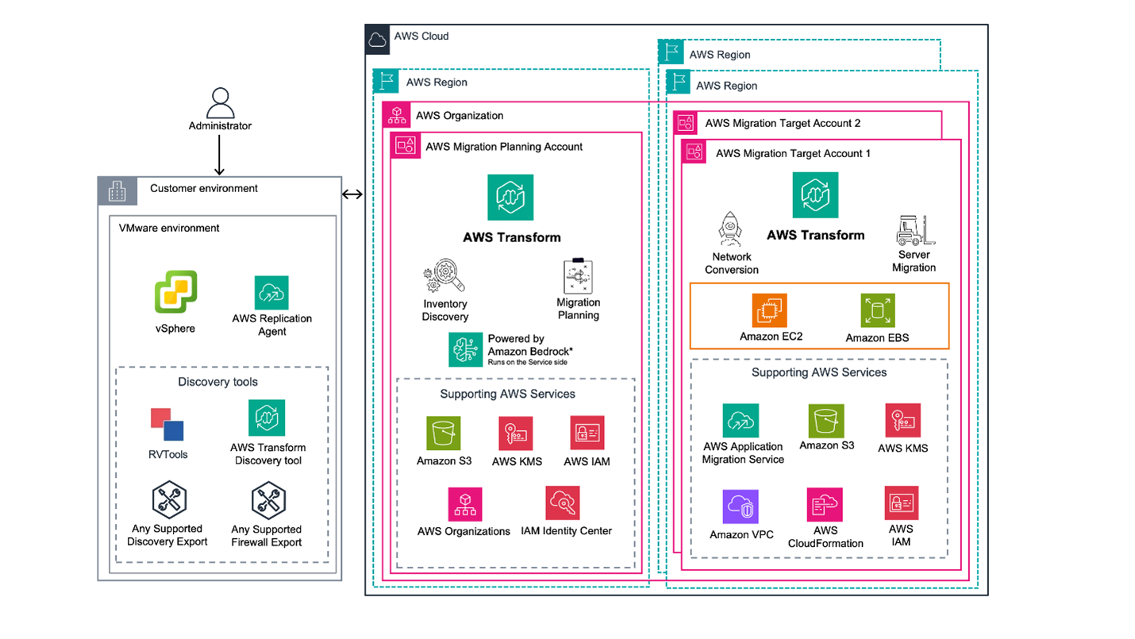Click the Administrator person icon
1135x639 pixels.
coord(220,102)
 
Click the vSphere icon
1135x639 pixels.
coord(175,291)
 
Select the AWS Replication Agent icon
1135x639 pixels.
coord(271,293)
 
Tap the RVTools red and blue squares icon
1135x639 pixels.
coord(167,425)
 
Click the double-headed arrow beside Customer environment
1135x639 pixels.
coord(352,194)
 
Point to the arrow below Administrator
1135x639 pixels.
coord(220,154)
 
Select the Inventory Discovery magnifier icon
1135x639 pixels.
coord(444,278)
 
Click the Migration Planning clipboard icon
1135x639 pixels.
coord(578,277)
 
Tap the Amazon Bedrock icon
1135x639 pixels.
coord(465,349)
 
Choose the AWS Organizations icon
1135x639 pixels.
coord(464,504)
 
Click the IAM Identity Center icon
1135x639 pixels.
coord(563,503)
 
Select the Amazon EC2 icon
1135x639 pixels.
coord(769,310)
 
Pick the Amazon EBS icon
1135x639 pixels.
coord(877,311)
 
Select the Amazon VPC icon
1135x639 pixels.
coord(740,506)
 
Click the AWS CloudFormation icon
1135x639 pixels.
coord(825,505)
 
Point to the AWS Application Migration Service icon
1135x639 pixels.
coord(740,421)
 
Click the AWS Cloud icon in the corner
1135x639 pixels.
coord(378,39)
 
